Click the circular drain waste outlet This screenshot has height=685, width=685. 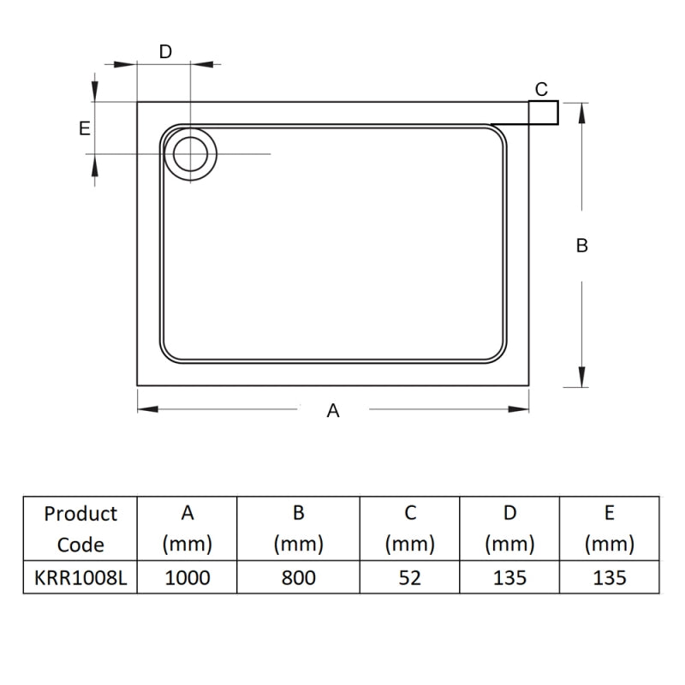pos(190,154)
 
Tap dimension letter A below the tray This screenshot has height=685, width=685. pos(333,411)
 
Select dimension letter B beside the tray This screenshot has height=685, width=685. pos(581,246)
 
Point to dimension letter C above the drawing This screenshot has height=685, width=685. pos(541,89)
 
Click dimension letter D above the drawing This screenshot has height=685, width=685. pos(166,51)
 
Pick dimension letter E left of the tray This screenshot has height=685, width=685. pos(84,128)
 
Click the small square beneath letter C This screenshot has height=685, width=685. pos(543,113)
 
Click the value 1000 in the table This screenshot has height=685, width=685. pos(188,578)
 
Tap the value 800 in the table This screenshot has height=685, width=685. pos(298,578)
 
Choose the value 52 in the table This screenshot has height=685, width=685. pos(410,578)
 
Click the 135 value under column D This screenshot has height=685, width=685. pos(509,578)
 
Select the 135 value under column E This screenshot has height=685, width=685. pos(609,578)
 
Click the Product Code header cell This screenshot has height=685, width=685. pos(80,529)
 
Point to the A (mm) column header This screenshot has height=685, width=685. pos(188,529)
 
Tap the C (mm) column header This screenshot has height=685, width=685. pos(410,529)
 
